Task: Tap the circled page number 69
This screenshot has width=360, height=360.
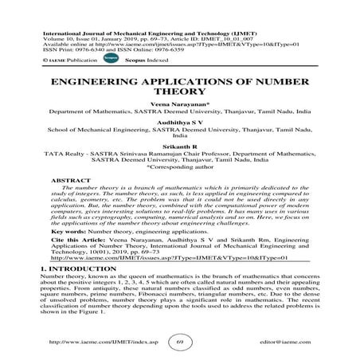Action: click(x=181, y=341)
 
